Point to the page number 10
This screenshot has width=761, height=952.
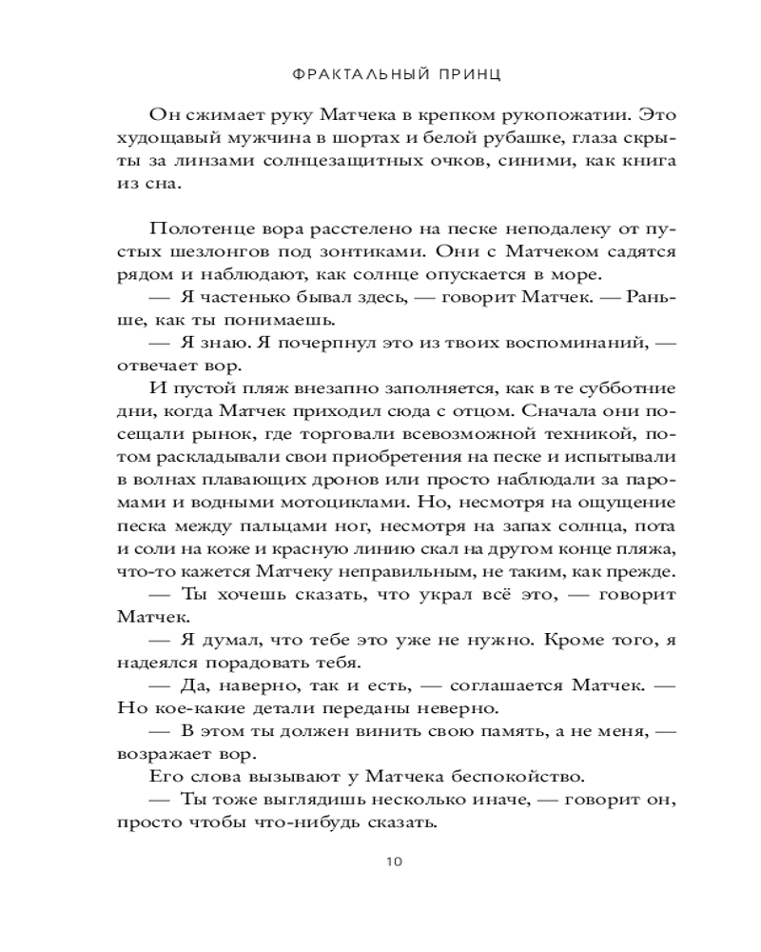(x=395, y=862)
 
